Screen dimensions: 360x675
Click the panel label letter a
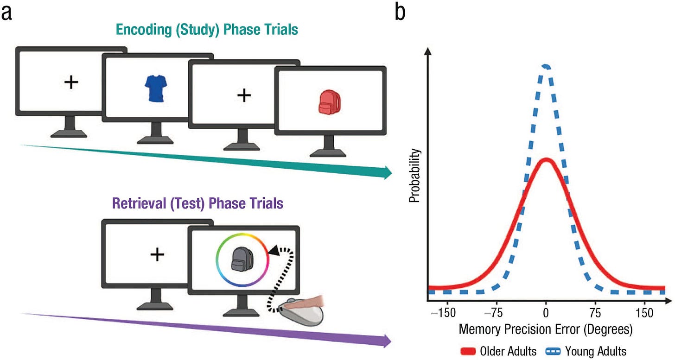coord(7,13)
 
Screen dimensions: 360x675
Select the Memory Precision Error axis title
coord(546,329)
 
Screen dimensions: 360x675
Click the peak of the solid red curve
coord(547,160)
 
